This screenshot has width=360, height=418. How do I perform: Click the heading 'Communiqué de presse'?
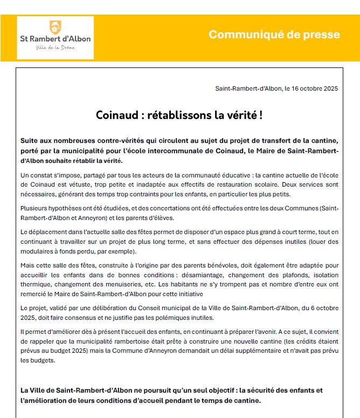pos(274,35)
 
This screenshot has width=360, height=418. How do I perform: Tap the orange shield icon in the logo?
pos(54,26)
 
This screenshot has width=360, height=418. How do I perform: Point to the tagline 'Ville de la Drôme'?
pos(55,48)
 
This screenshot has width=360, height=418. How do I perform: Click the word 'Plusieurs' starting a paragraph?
pos(34,208)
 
